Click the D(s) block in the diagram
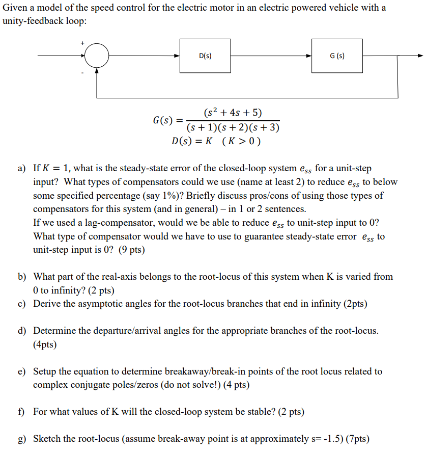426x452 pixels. [205, 56]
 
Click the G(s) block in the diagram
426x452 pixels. [337, 56]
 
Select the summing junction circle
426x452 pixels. [97, 56]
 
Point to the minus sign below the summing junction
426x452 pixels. [82, 72]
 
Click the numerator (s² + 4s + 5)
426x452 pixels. [233, 113]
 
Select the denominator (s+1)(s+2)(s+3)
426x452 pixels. [233, 127]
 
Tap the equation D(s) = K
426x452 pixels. [192, 141]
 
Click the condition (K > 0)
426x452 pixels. [241, 141]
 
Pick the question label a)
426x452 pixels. [22, 168]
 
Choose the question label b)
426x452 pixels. [22, 277]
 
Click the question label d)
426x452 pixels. [22, 331]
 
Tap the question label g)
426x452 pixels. [22, 439]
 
